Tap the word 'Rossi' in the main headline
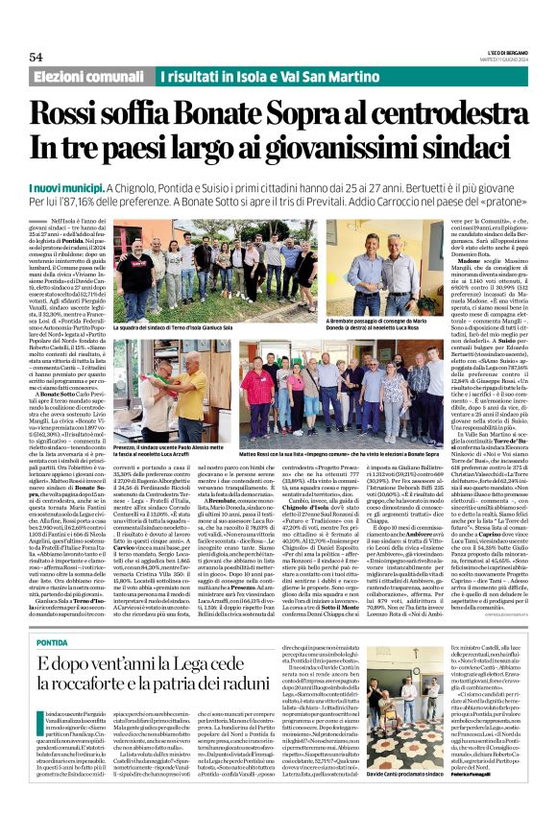[88, 115]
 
